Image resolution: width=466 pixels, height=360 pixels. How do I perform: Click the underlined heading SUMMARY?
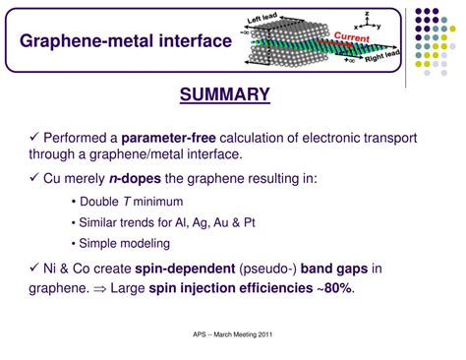(x=224, y=94)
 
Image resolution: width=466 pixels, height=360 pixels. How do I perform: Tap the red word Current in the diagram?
(x=350, y=37)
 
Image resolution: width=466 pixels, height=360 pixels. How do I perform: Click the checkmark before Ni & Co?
(x=35, y=268)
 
